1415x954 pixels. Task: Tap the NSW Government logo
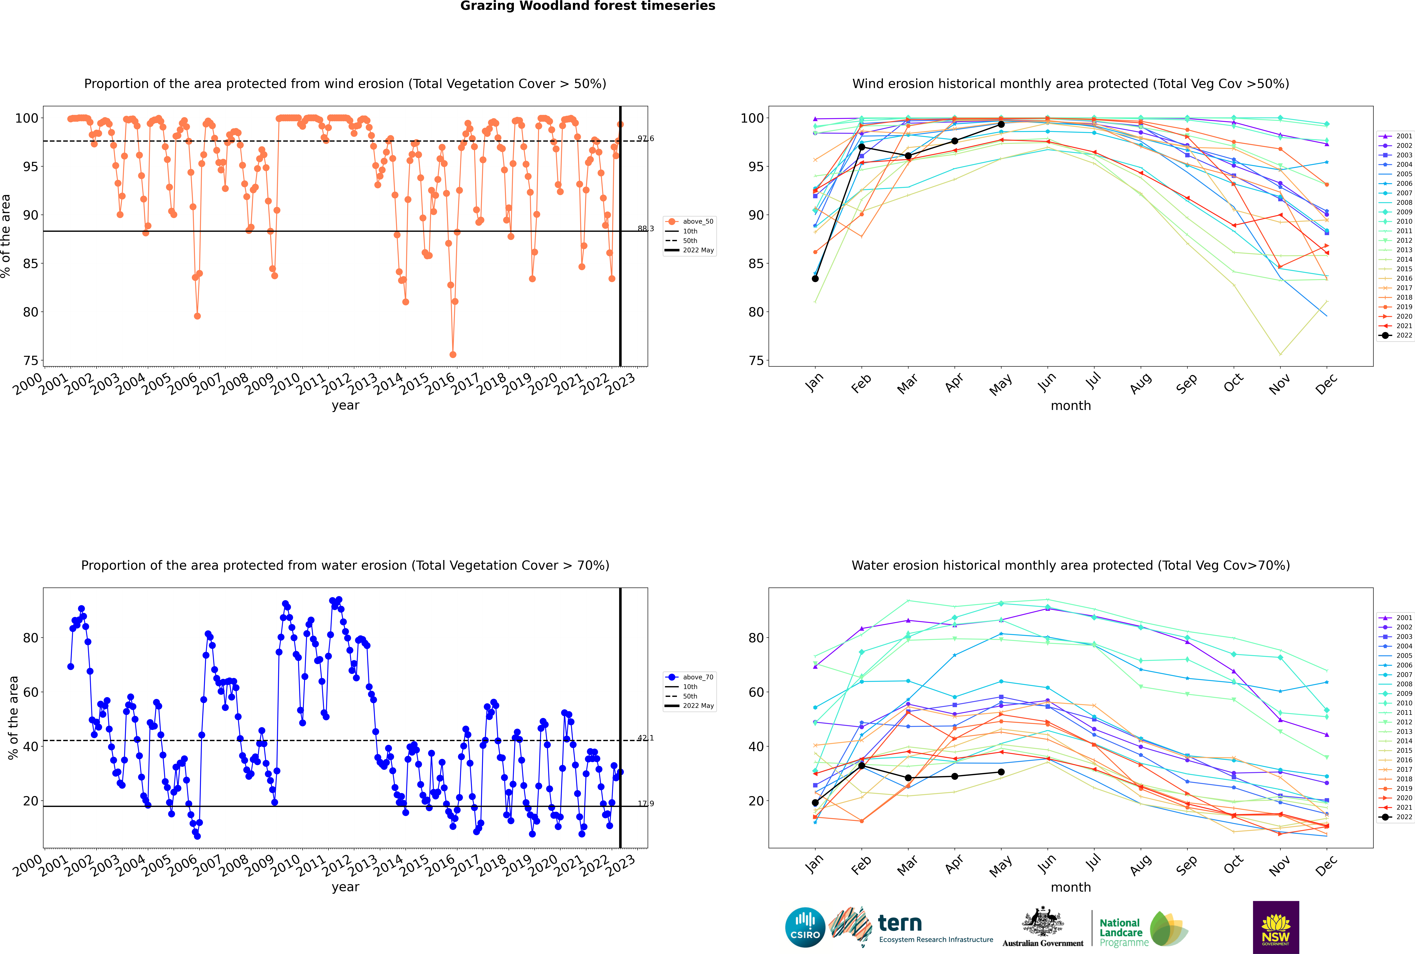1276,927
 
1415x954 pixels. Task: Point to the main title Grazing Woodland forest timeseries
588,6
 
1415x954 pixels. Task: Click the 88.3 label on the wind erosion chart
645,229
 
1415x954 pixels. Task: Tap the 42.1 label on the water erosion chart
645,738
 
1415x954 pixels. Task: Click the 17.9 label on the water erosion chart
645,804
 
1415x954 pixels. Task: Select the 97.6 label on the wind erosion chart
645,139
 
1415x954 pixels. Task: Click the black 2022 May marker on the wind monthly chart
1001,124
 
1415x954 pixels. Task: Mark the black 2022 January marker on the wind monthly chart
815,279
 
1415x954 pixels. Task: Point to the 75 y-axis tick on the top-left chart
30,361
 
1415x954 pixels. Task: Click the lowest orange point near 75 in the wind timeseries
453,355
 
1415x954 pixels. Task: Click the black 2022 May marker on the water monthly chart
1001,772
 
